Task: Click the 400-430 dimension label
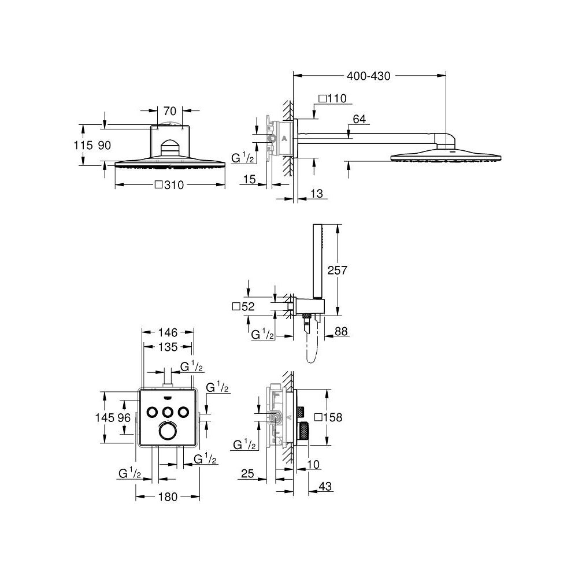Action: coord(369,76)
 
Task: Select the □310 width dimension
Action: coord(170,186)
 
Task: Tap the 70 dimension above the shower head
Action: coord(169,109)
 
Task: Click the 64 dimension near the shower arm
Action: coord(359,120)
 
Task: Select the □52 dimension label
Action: coord(243,306)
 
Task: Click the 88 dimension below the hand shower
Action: coord(342,332)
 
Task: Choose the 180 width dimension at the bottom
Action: coord(168,497)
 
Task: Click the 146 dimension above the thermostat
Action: coord(168,332)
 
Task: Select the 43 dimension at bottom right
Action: coord(325,488)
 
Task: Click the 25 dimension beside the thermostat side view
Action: coord(247,475)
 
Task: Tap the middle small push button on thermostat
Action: coord(168,411)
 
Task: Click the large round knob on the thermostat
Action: coord(168,431)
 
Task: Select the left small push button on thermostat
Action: coord(153,411)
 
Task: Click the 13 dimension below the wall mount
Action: coord(316,194)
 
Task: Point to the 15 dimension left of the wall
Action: coord(249,180)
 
